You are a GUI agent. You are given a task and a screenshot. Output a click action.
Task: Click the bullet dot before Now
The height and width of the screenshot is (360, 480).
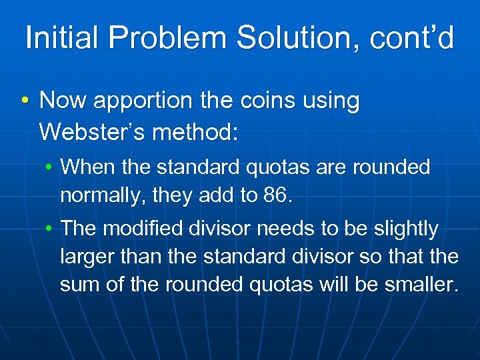coord(25,102)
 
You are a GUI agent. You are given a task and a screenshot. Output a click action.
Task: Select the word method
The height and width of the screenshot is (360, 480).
coord(195,131)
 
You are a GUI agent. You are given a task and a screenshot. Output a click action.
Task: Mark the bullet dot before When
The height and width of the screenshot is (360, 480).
coord(49,167)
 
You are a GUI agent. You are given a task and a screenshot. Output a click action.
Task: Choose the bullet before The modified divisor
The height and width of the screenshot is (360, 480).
coord(49,229)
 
